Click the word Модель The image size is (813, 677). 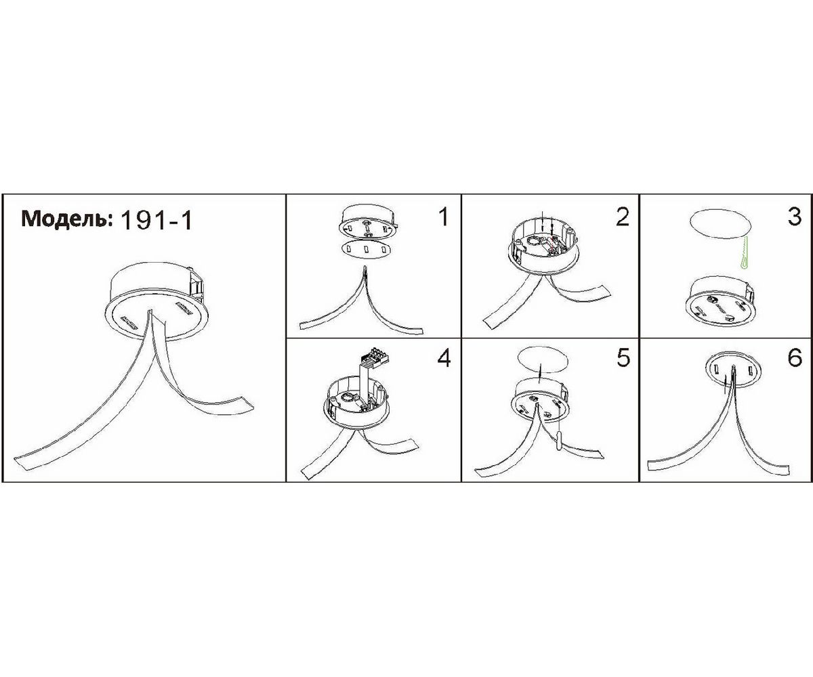coord(66,219)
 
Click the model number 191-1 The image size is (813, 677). coord(157,221)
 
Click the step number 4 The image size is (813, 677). coord(444,357)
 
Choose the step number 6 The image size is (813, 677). coord(795,357)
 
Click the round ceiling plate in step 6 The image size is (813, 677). coord(733,369)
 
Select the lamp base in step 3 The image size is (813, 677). coord(721,301)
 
